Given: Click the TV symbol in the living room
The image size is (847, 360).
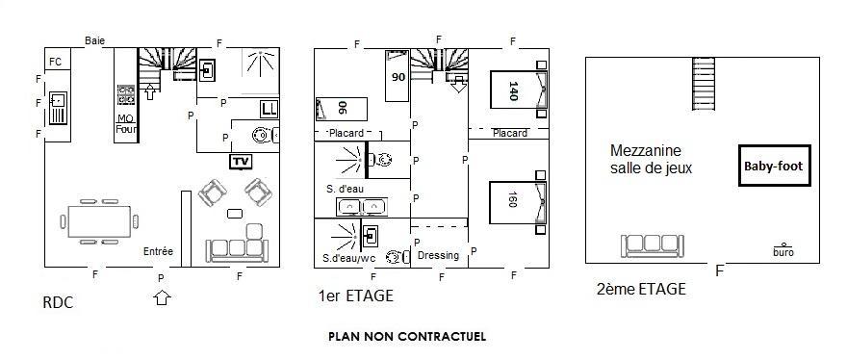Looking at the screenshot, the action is (241, 162).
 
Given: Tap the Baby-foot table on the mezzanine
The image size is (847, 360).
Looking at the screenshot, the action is (775, 166).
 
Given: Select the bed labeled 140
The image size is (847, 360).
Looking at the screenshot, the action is (519, 90).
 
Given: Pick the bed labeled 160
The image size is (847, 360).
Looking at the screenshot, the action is (519, 202).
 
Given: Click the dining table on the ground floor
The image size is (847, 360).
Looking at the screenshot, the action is (99, 221).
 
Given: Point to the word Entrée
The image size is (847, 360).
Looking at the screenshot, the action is (158, 251).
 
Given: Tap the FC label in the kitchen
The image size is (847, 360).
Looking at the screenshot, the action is (55, 62).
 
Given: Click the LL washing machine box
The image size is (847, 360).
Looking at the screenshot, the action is (269, 109).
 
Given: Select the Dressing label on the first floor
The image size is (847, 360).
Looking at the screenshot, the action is (438, 256).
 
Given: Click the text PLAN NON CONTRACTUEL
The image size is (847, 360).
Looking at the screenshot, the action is (407, 336).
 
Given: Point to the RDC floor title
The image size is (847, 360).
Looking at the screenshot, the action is (58, 302).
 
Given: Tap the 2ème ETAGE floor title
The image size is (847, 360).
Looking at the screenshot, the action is (641, 289).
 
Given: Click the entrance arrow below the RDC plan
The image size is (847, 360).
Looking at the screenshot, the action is (162, 297).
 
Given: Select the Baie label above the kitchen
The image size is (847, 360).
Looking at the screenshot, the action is (94, 40).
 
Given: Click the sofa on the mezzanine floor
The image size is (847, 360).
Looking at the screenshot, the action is (652, 245).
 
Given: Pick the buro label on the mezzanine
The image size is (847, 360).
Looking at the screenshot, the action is (783, 252).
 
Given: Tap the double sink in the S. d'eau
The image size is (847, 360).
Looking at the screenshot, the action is (361, 207).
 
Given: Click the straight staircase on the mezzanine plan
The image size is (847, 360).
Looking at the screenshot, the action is (704, 84).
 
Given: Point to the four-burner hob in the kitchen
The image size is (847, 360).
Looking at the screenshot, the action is (126, 94).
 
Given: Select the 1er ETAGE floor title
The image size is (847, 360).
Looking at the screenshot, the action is (356, 296).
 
